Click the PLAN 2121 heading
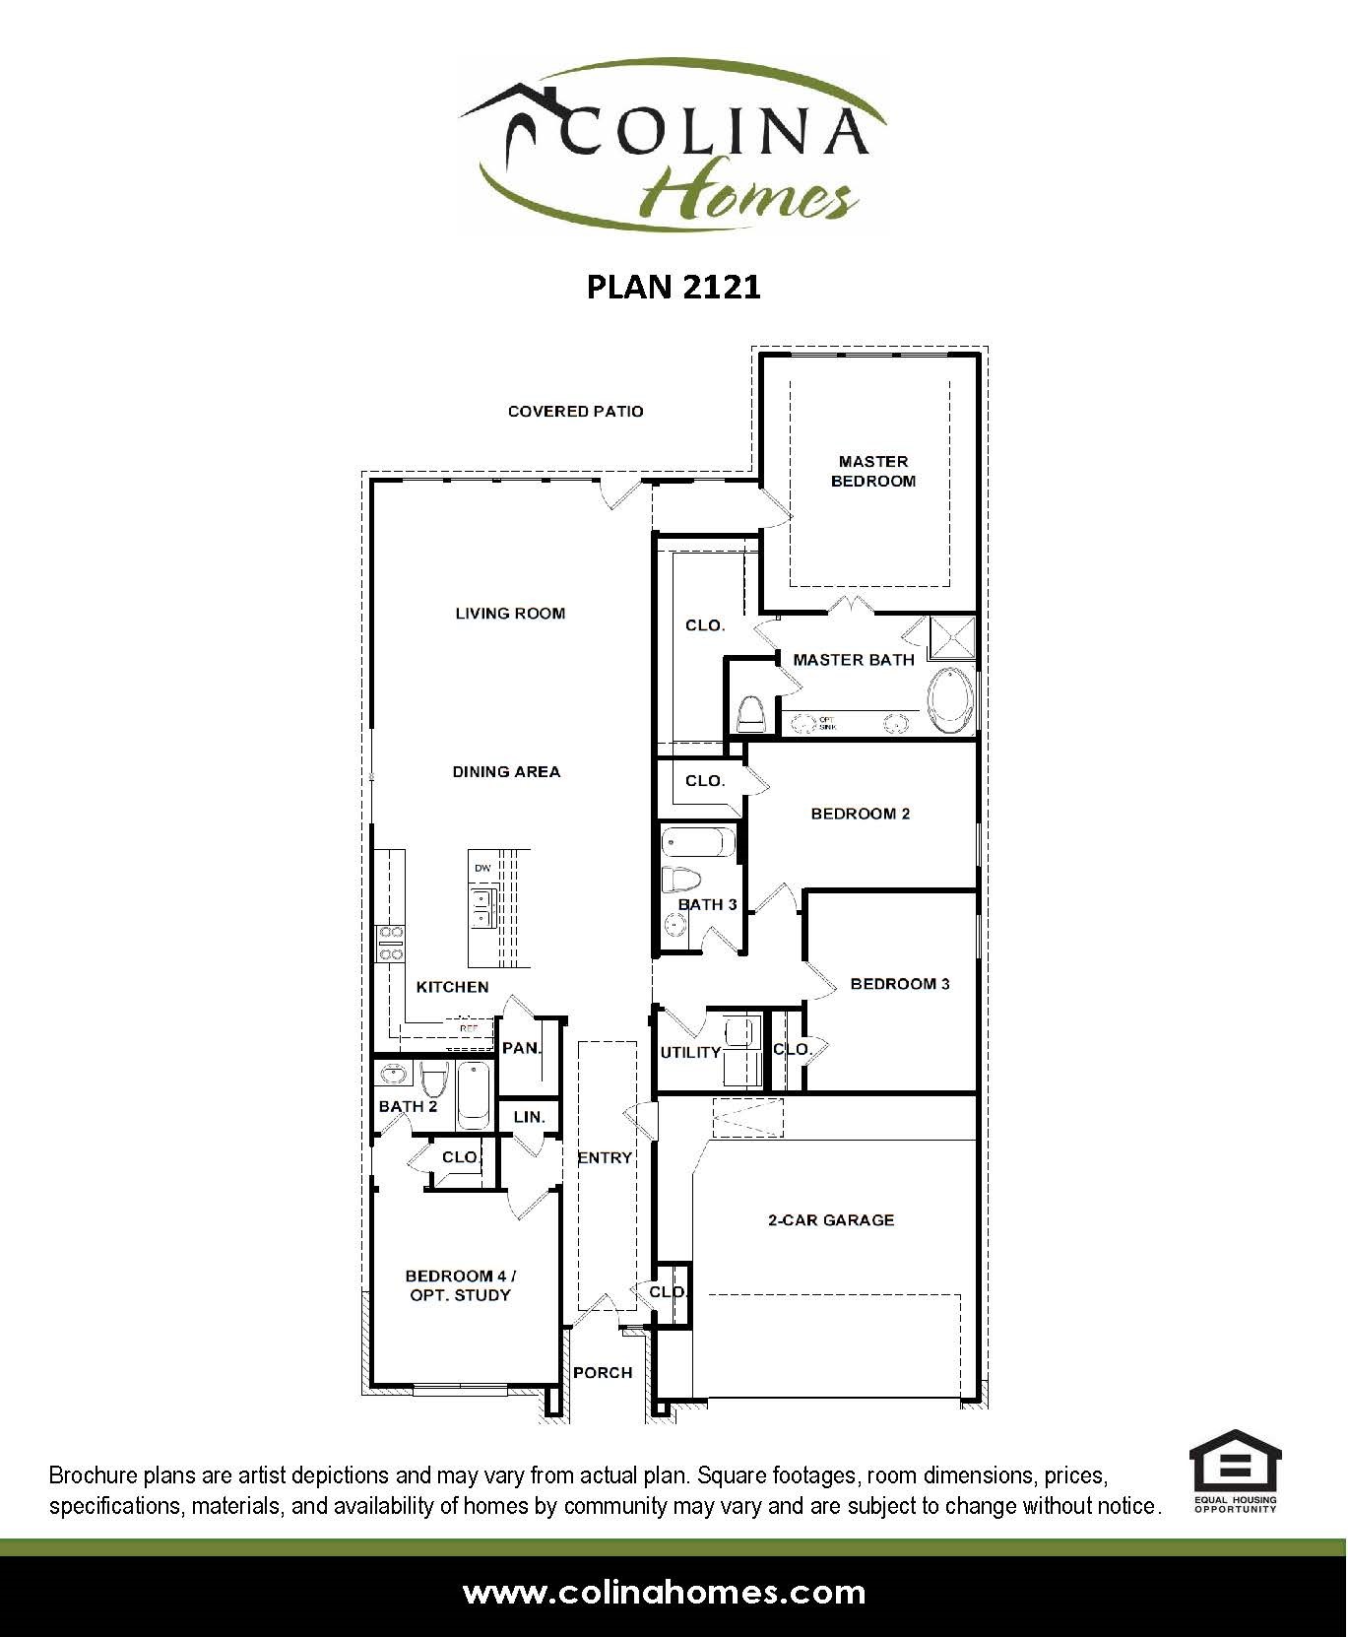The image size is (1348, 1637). [674, 287]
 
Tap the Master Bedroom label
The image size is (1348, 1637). [872, 471]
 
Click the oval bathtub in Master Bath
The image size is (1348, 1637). [950, 700]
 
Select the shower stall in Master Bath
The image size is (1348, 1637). [952, 637]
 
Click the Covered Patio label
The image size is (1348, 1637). [575, 411]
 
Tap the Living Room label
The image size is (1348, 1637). [510, 613]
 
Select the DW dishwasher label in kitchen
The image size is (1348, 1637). [482, 868]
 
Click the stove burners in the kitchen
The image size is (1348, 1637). [390, 943]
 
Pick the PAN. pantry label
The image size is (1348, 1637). [521, 1048]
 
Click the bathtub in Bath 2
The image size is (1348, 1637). [474, 1095]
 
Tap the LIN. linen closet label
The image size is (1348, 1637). [529, 1117]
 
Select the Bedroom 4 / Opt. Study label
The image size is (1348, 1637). [461, 1285]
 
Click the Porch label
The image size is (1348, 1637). [603, 1372]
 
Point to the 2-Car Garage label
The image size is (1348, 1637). [830, 1219]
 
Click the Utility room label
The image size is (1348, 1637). [690, 1052]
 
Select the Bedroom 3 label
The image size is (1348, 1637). [899, 983]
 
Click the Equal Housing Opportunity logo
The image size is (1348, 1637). [1235, 1473]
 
